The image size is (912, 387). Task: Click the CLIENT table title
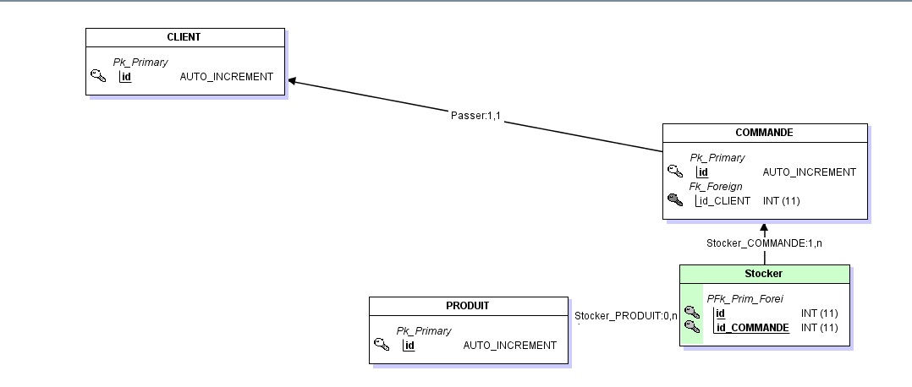[x=184, y=37]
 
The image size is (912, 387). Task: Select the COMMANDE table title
[x=764, y=133]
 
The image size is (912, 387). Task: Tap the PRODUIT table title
[x=468, y=306]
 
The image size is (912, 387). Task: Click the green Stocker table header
[x=764, y=274]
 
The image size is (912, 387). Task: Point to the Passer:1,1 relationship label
[x=476, y=115]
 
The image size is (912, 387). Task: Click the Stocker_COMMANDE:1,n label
[x=764, y=243]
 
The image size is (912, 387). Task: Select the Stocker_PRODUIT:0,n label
[x=626, y=316]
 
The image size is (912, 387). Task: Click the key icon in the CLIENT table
[x=98, y=77]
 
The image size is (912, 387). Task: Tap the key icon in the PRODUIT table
[x=382, y=345]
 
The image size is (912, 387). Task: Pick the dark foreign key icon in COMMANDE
[x=674, y=200]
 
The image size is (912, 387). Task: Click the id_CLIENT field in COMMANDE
[x=724, y=201]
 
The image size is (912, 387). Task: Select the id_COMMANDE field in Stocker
[x=752, y=327]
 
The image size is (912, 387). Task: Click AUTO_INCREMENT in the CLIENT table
[x=227, y=77]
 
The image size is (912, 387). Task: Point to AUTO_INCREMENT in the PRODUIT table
[x=509, y=346]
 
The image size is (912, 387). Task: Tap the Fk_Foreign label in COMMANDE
[x=716, y=186]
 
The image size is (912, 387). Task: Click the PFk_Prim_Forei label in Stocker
[x=744, y=298]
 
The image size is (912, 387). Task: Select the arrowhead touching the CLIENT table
[x=293, y=81]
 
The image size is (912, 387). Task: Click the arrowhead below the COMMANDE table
[x=764, y=227]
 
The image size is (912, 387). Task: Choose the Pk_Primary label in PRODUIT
[x=424, y=331]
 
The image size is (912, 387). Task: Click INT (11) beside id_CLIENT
[x=781, y=201]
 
